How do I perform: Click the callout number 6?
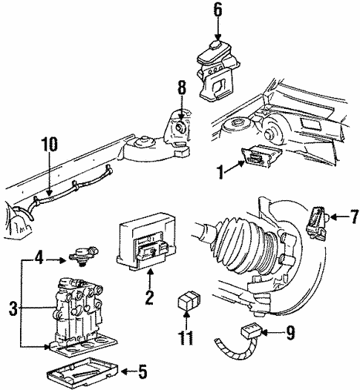217,10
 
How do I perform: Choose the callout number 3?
12,305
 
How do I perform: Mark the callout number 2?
149,300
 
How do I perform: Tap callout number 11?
186,339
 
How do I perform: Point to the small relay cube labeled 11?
186,303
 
